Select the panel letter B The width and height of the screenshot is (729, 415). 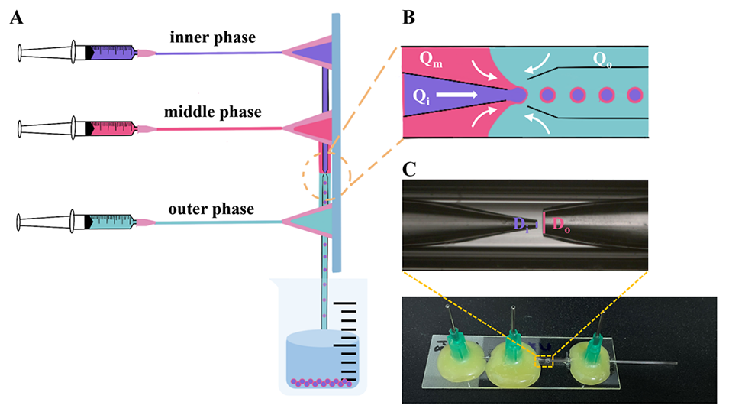click(408, 18)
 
